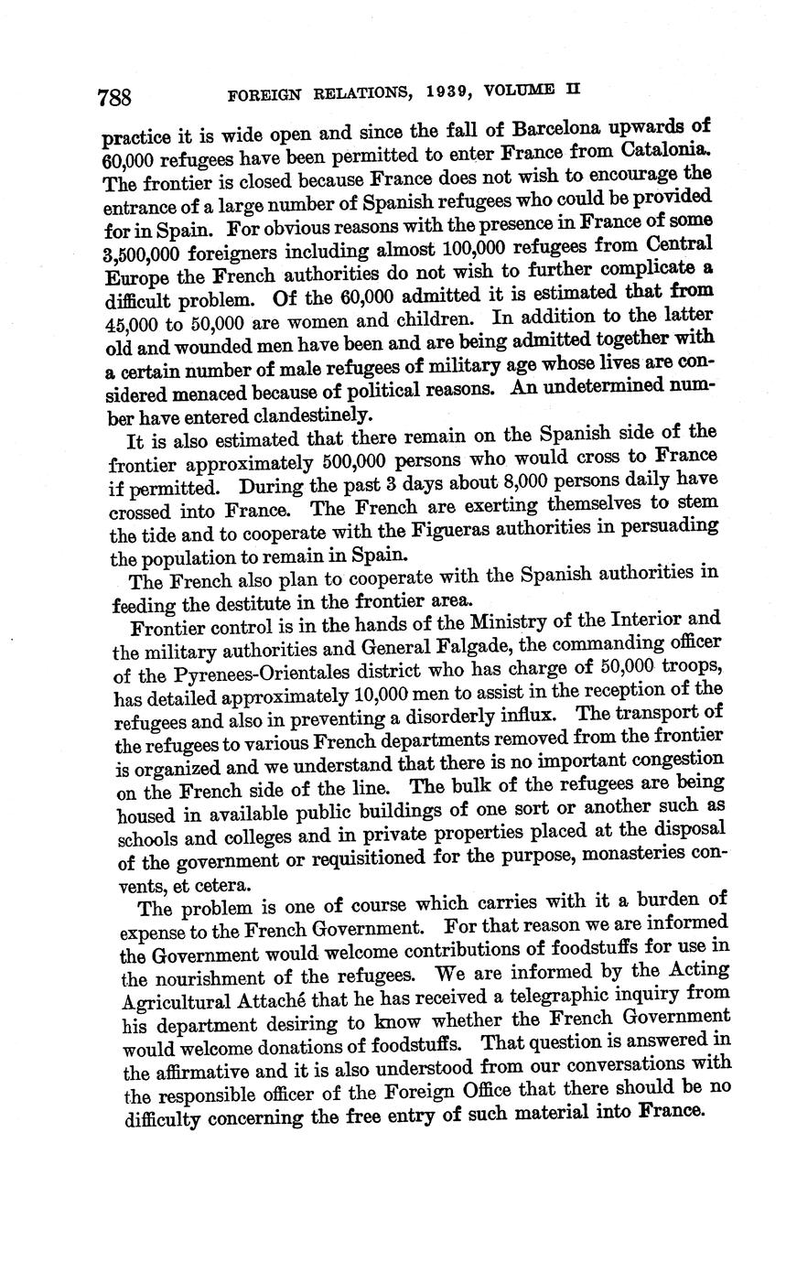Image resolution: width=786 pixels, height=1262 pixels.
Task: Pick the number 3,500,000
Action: [150, 251]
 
